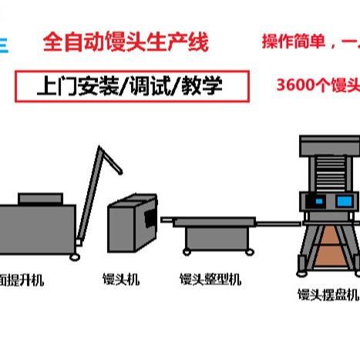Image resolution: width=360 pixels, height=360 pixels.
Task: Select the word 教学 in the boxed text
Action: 202,86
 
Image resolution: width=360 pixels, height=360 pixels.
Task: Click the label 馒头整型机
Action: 210,280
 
